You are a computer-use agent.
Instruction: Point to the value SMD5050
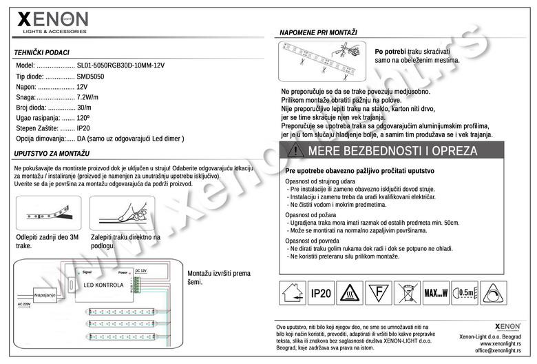click(x=92, y=77)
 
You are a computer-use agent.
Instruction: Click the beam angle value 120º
click(x=84, y=119)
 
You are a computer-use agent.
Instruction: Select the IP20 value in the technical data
click(x=83, y=128)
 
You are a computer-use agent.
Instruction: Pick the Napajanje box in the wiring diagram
click(x=45, y=294)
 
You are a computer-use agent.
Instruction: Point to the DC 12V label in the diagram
click(x=141, y=271)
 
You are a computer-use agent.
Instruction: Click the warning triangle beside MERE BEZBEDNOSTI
click(x=295, y=150)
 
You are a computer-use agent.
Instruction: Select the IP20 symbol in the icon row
click(x=320, y=293)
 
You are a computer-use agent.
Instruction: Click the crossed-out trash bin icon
click(x=406, y=293)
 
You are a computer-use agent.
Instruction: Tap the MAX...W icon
click(x=435, y=293)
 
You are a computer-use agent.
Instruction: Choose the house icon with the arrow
click(x=291, y=293)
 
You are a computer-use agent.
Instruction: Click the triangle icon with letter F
click(x=377, y=293)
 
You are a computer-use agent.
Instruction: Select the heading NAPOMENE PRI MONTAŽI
click(x=318, y=32)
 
